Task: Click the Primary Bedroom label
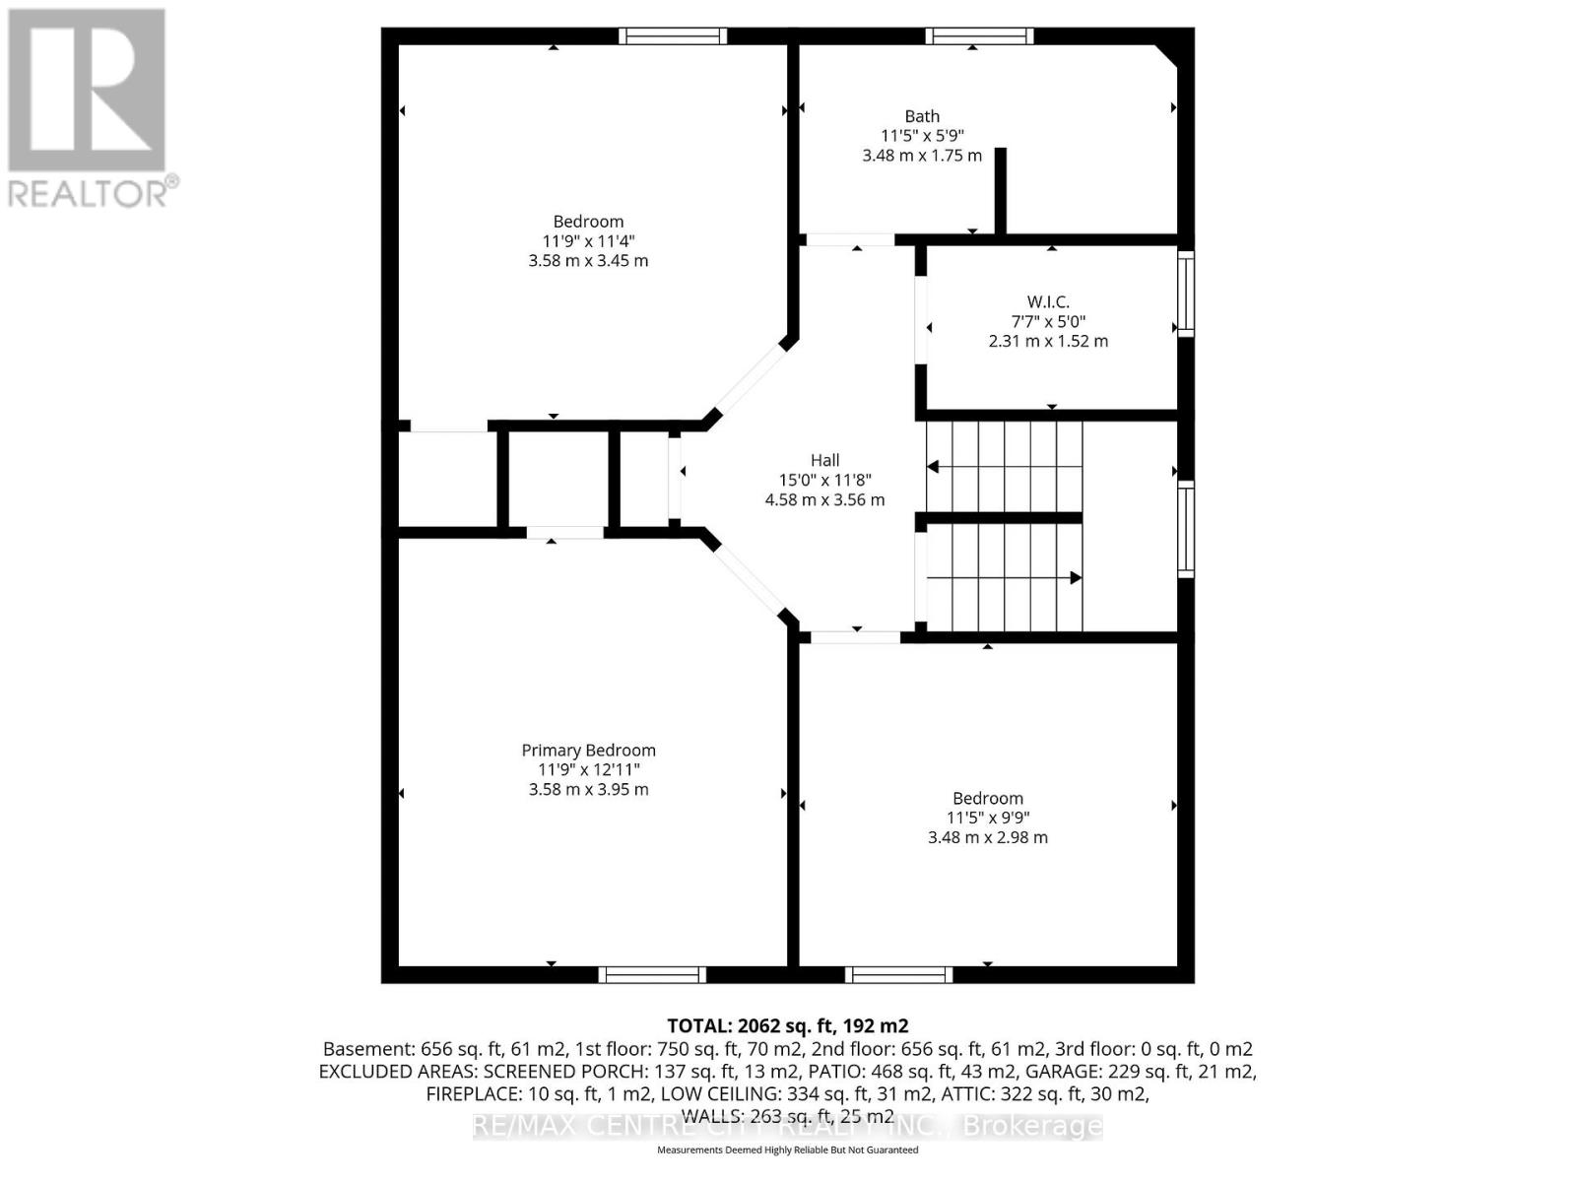click(x=588, y=751)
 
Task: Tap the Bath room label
click(x=922, y=116)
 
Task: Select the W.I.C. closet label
click(x=1047, y=302)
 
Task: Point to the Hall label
click(x=824, y=460)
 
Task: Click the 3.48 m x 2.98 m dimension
click(x=987, y=837)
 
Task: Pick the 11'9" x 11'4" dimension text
click(x=588, y=241)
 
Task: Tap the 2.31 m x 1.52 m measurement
click(x=1048, y=341)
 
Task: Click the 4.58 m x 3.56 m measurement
click(x=824, y=499)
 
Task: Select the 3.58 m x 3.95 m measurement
click(x=588, y=789)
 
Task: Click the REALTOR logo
click(x=89, y=108)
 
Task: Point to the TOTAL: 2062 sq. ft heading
click(x=787, y=1025)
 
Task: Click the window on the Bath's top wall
click(x=978, y=36)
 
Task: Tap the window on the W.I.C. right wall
click(x=1186, y=294)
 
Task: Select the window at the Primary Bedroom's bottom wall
click(x=652, y=974)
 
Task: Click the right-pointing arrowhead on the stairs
click(x=1076, y=578)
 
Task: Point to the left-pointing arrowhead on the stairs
click(x=933, y=467)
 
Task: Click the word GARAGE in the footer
click(x=1064, y=1072)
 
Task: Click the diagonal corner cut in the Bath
click(x=1167, y=55)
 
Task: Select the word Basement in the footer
click(x=363, y=1049)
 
